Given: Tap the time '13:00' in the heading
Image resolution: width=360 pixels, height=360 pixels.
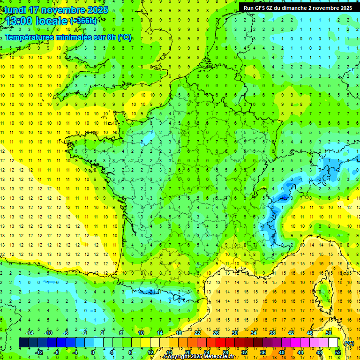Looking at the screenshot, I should point(19,21).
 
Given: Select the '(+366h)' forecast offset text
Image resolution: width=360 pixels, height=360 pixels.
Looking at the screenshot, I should point(83,21).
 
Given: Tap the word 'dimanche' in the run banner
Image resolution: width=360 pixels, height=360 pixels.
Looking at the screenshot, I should point(293,8).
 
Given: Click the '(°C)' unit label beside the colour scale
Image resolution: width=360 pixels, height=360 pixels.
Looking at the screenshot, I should point(348,343).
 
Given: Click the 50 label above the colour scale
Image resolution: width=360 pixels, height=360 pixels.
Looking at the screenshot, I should point(329,333).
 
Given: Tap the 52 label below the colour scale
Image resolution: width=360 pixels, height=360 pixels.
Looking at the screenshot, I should point(338,352).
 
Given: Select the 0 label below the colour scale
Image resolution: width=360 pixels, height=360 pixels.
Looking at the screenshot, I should point(92,352).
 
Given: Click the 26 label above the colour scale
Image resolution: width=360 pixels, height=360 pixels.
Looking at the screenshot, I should point(216,333).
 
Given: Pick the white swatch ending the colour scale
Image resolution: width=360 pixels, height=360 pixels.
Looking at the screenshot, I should point(333,343).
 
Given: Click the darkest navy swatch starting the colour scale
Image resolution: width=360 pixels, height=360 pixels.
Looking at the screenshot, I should point(23,343).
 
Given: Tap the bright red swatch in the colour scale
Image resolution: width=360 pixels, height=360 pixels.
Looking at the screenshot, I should point(221,343).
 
